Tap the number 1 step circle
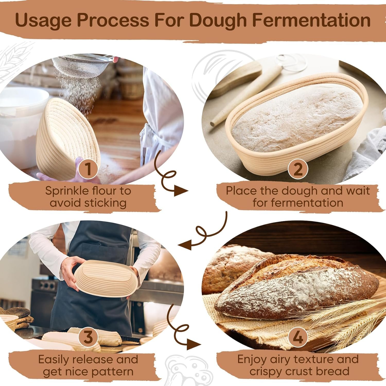pos(88,169)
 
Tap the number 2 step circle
pos(298,169)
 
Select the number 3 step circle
pos(88,337)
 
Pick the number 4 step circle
pos(298,337)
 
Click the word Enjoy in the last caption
pos(252,359)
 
